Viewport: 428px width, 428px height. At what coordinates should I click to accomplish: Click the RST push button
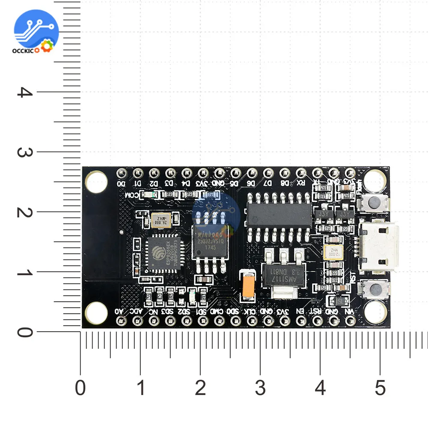[375, 288]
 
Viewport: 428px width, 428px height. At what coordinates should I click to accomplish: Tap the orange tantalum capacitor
[248, 285]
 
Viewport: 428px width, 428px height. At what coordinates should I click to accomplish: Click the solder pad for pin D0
[122, 173]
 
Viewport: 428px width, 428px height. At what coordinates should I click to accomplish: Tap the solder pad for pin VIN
[351, 321]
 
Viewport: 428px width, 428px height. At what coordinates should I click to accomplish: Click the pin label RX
[301, 183]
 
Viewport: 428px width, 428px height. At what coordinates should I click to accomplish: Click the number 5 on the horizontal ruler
[380, 388]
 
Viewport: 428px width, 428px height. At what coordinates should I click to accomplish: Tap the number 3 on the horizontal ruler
[260, 388]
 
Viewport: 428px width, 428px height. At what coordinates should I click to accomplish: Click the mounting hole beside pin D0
[96, 181]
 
